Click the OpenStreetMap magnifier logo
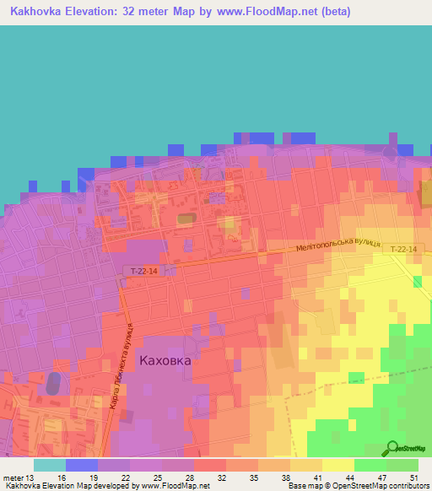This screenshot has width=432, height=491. tap(392, 449)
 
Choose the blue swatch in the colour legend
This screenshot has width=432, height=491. tap(81, 465)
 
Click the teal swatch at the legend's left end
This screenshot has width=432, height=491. tap(49, 465)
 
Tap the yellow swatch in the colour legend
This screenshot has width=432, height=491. tap(337, 465)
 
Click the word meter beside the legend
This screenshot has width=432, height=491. tap(12, 477)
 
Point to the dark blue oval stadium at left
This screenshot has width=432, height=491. tap(54, 383)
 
